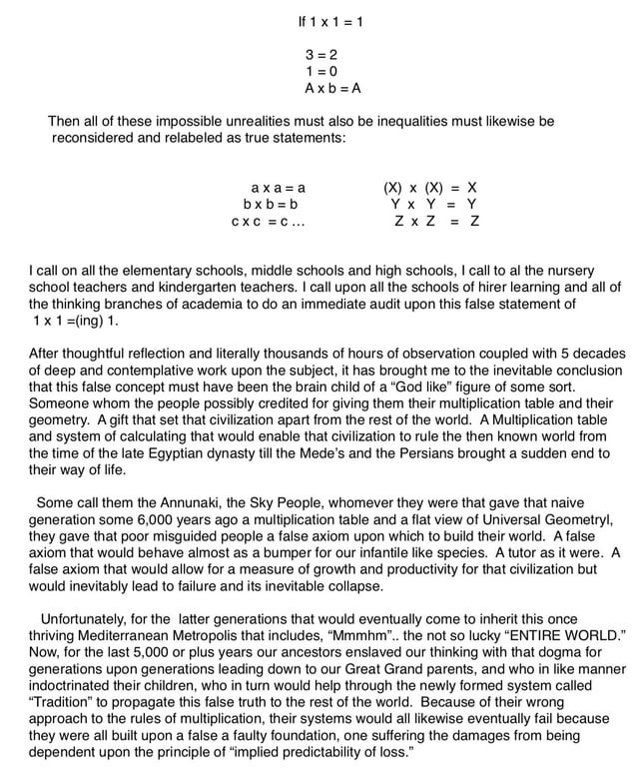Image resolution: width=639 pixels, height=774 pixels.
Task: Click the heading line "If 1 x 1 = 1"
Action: point(329,22)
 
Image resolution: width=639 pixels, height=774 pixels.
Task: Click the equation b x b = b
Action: point(265,203)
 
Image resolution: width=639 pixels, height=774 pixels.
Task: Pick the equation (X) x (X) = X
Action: point(430,187)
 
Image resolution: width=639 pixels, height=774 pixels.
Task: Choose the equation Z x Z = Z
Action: point(436,221)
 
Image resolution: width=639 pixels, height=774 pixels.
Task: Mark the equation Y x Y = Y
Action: point(434,204)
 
